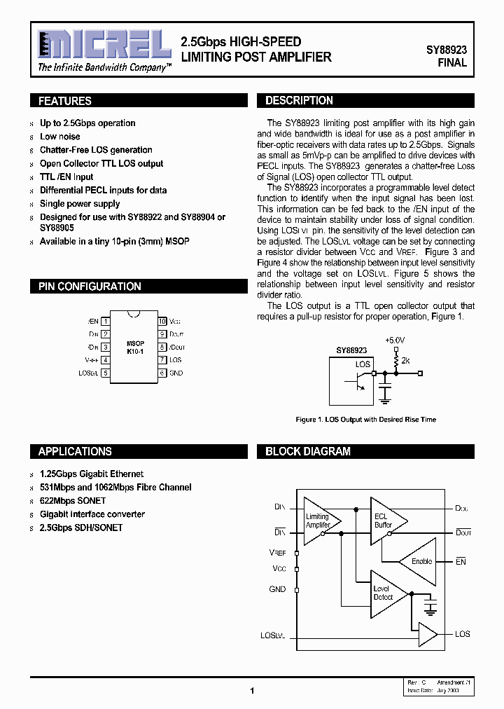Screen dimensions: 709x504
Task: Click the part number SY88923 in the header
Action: coord(447,50)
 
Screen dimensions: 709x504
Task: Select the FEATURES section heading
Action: coord(65,101)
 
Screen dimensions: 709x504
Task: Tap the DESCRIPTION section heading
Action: coord(299,101)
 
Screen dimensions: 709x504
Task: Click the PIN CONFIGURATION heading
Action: coord(90,287)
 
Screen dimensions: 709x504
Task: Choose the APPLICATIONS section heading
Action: coord(75,452)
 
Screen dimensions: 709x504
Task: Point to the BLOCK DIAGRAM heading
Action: coord(308,452)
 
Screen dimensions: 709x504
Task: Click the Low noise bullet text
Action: coord(60,137)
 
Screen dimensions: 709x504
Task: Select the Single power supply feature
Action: coord(80,204)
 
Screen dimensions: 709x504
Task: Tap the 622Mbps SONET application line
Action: coord(73,501)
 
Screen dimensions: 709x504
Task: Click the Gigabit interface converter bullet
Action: coord(92,514)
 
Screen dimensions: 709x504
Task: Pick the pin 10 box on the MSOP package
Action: coord(162,321)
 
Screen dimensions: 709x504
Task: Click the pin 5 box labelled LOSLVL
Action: coord(105,373)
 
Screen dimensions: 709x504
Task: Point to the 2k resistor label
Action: coord(405,360)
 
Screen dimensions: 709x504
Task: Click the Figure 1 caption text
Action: coord(365,420)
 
